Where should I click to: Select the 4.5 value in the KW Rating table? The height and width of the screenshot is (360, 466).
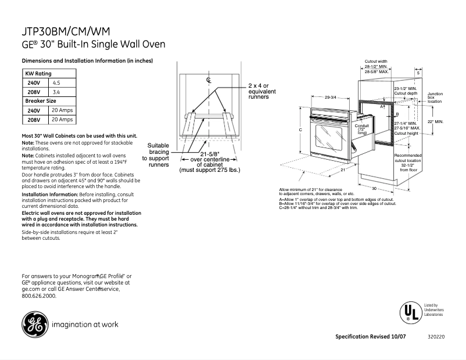pyautogui.click(x=56, y=83)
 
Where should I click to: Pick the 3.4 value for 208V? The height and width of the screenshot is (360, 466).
pyautogui.click(x=56, y=92)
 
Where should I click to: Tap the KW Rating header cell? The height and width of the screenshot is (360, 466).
pyautogui.click(x=38, y=74)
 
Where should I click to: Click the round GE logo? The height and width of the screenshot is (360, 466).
pyautogui.click(x=35, y=324)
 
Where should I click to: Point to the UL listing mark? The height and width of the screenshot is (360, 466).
pyautogui.click(x=409, y=313)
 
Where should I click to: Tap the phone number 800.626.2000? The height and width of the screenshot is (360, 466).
pyautogui.click(x=39, y=296)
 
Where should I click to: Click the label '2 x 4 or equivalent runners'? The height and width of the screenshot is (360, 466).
pyautogui.click(x=262, y=91)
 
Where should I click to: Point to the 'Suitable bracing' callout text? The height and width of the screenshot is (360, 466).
pyautogui.click(x=158, y=155)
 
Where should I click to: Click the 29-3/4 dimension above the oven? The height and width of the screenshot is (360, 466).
pyautogui.click(x=331, y=97)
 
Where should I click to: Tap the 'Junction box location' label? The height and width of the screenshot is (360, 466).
pyautogui.click(x=435, y=98)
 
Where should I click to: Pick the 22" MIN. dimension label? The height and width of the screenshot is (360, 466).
pyautogui.click(x=435, y=122)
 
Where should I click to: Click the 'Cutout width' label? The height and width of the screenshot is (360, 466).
pyautogui.click(x=376, y=61)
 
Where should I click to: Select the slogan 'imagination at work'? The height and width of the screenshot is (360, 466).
pyautogui.click(x=85, y=325)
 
